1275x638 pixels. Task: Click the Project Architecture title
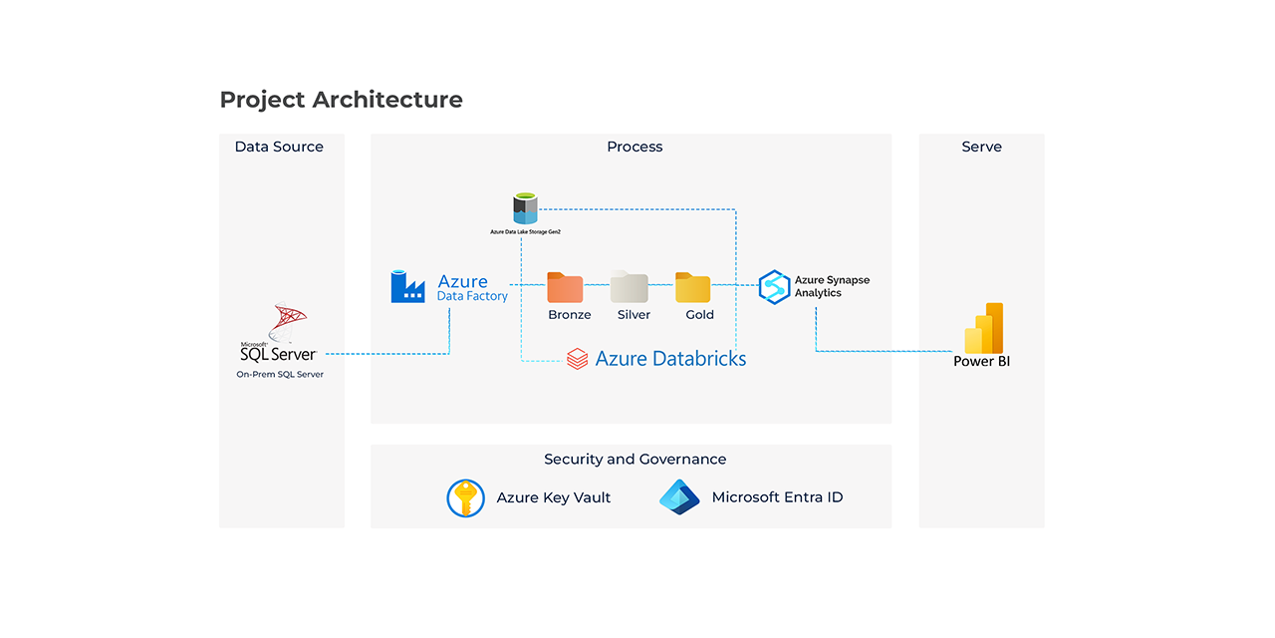click(x=341, y=100)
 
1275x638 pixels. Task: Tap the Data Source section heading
click(x=279, y=147)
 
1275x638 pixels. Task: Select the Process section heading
click(x=635, y=147)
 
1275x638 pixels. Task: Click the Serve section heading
click(x=981, y=147)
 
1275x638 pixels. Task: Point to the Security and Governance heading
click(x=635, y=460)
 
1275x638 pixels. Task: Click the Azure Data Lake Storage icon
click(x=525, y=208)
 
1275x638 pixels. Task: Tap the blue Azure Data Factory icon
click(x=407, y=286)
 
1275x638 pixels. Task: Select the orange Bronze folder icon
click(x=565, y=287)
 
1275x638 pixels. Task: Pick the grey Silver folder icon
click(x=630, y=287)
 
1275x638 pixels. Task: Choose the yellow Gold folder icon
click(x=692, y=287)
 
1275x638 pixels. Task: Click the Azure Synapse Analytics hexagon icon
click(x=774, y=286)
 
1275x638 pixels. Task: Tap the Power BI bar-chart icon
click(x=983, y=328)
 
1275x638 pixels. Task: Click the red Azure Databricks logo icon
click(x=577, y=359)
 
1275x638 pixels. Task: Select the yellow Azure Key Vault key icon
click(x=465, y=497)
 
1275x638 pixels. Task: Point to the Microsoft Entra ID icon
click(x=679, y=496)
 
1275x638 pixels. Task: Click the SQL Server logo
click(x=280, y=334)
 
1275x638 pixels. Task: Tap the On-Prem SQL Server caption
click(x=280, y=375)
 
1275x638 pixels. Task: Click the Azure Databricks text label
click(x=670, y=359)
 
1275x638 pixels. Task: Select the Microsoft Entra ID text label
click(x=777, y=497)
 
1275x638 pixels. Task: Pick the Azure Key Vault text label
click(x=554, y=497)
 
